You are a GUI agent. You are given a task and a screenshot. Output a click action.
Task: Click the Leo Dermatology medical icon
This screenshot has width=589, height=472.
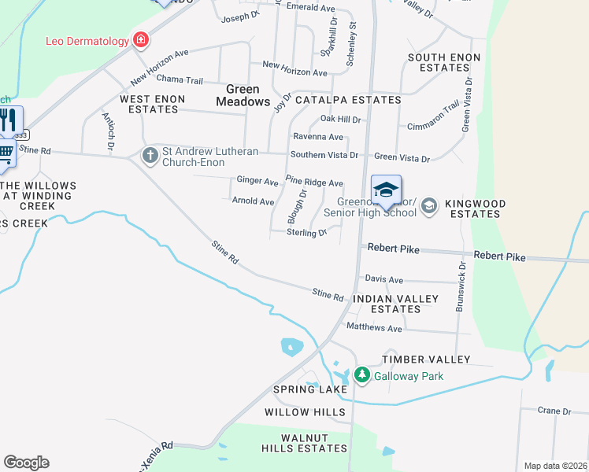pyautogui.click(x=141, y=40)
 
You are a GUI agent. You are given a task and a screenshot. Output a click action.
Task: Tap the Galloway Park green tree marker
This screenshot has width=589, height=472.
pyautogui.click(x=362, y=375)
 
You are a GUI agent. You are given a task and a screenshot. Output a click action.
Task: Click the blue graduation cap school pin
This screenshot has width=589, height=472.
pyautogui.click(x=386, y=190)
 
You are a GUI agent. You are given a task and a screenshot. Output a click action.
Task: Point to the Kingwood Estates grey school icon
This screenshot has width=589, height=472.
pyautogui.click(x=429, y=206)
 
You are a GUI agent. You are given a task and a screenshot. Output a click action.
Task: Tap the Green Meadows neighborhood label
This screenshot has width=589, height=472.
pyautogui.click(x=243, y=95)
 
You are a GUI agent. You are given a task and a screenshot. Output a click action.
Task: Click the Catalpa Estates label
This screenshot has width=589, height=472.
pyautogui.click(x=348, y=100)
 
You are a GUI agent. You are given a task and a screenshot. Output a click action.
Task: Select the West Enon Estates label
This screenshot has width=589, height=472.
pyautogui.click(x=152, y=105)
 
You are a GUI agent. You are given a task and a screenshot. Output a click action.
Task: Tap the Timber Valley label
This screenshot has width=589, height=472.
pyautogui.click(x=426, y=360)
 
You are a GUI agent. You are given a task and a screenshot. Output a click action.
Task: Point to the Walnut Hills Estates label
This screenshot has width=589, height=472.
pyautogui.click(x=305, y=443)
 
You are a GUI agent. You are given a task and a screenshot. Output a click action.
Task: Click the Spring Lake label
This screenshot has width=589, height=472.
pyautogui.click(x=309, y=389)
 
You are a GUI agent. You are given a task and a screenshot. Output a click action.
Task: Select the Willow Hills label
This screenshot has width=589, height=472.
pyautogui.click(x=305, y=412)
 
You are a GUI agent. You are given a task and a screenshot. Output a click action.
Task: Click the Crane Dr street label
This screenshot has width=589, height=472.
pyautogui.click(x=554, y=411)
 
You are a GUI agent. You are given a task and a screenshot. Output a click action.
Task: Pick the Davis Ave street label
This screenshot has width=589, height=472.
pyautogui.click(x=383, y=279)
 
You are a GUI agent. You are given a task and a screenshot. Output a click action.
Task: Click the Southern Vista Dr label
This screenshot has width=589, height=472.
pyautogui.click(x=324, y=155)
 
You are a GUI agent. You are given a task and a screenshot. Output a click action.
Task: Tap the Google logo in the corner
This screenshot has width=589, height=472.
pyautogui.click(x=26, y=463)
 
